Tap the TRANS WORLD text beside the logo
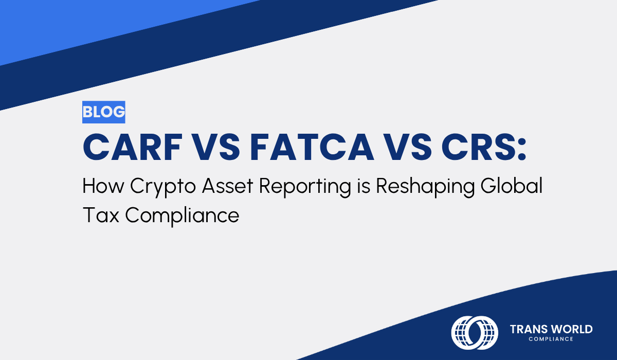pyautogui.click(x=551, y=329)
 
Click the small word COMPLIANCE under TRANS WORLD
pyautogui.click(x=551, y=339)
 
